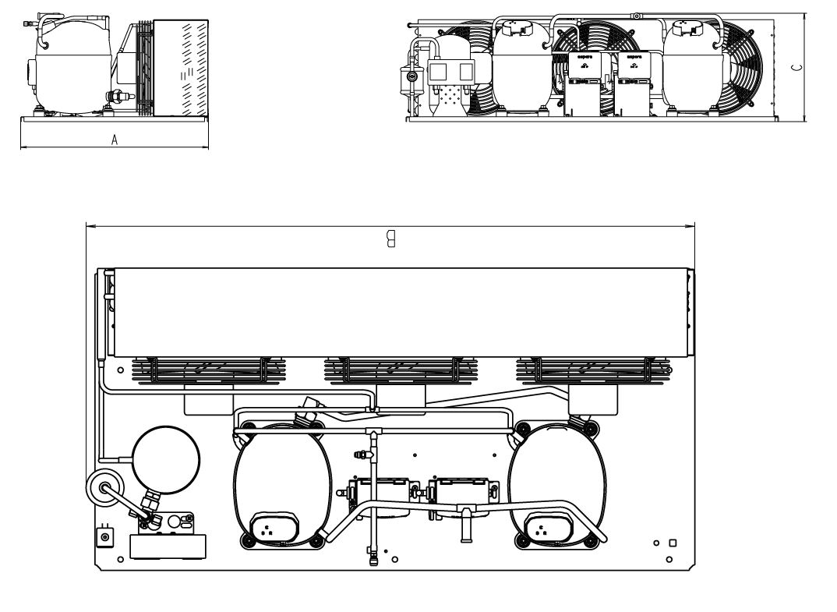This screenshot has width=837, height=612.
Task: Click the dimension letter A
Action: pos(115,140)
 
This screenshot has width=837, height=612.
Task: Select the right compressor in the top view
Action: pos(555,487)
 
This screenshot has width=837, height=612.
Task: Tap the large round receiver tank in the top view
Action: pos(165,461)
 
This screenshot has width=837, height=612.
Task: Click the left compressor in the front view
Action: pos(521,70)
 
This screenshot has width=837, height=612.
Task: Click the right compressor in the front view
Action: pos(690,70)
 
